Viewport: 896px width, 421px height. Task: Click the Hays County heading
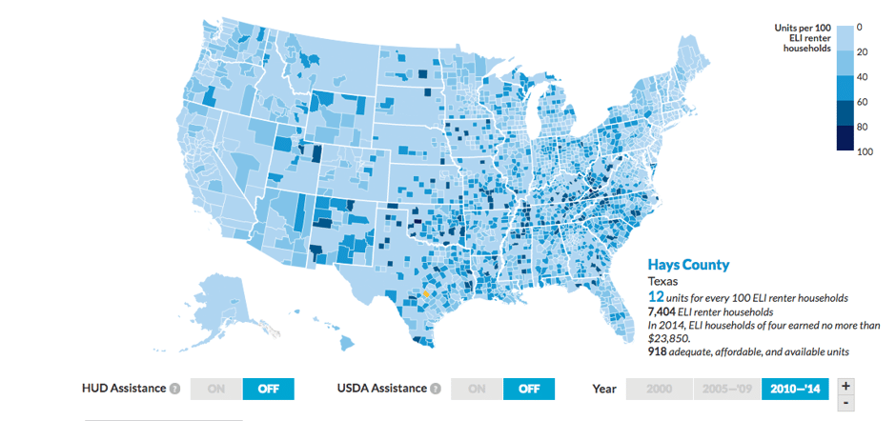(x=688, y=265)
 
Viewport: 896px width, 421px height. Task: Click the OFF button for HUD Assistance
(x=268, y=389)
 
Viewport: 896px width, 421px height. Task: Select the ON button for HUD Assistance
(x=216, y=389)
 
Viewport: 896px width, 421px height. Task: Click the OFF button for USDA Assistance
(x=528, y=389)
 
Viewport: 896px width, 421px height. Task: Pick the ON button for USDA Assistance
(x=477, y=389)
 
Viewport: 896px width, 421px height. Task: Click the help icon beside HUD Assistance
(x=174, y=389)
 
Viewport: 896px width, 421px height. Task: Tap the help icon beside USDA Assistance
(x=436, y=389)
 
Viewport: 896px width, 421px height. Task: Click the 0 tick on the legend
(x=859, y=27)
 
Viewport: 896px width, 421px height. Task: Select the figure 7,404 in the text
(x=664, y=311)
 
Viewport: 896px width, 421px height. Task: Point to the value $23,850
(x=666, y=338)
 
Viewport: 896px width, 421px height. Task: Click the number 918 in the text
(x=659, y=351)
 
